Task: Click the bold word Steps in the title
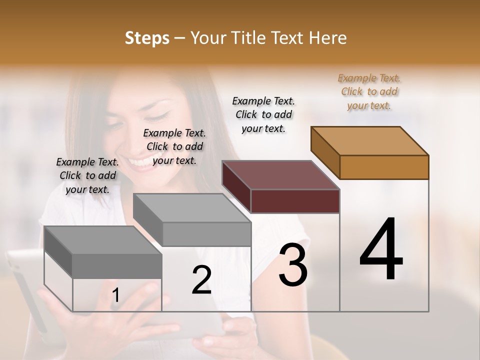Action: point(147,38)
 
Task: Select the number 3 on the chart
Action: point(293,264)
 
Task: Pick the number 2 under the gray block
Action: point(201,280)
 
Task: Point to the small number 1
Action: point(116,295)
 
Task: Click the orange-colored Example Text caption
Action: point(369,92)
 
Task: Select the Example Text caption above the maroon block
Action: point(263,114)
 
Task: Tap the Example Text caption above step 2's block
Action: point(174,146)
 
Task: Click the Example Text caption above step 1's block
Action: point(87,175)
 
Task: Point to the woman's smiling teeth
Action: point(138,161)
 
